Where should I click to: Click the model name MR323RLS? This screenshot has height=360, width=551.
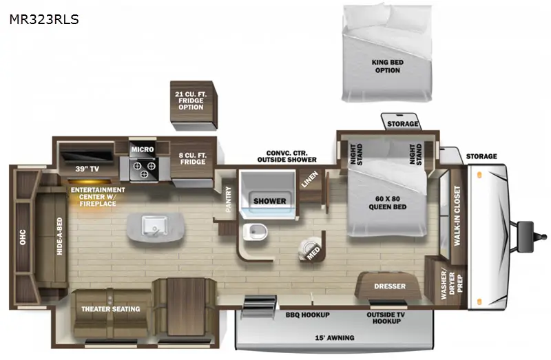[x=44, y=19]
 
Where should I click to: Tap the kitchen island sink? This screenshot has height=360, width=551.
[x=154, y=225]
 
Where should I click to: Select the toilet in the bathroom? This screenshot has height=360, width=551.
[x=255, y=232]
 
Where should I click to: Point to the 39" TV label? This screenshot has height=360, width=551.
[x=87, y=169]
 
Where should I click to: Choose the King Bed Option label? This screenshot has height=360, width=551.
[x=388, y=66]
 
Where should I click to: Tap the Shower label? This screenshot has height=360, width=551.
[x=269, y=201]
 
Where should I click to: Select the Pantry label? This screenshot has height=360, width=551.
[x=229, y=199]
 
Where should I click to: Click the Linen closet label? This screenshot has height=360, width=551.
[x=309, y=179]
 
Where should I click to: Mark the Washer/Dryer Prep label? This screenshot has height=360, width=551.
[x=452, y=284]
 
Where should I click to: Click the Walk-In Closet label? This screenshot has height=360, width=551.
[x=457, y=215]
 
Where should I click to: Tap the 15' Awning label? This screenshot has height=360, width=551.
[x=334, y=338]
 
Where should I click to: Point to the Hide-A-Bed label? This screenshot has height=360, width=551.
[x=59, y=236]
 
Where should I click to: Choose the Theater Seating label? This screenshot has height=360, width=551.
[x=111, y=309]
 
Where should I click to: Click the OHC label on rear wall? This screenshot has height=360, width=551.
[x=23, y=237]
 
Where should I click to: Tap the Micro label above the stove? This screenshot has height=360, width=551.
[x=143, y=149]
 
